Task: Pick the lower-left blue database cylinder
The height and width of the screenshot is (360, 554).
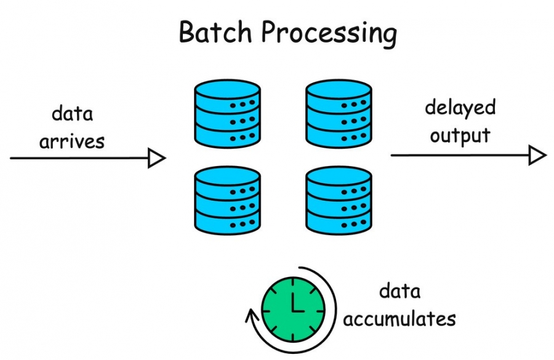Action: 227,201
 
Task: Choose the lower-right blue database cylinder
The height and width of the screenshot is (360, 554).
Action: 339,201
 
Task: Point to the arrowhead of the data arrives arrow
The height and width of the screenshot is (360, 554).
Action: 158,159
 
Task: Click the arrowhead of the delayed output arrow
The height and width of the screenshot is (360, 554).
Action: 537,155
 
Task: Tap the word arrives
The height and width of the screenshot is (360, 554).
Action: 73,141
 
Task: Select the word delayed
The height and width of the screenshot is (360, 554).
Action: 460,108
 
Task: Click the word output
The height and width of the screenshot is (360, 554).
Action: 460,135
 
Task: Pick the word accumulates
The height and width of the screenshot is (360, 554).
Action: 399,319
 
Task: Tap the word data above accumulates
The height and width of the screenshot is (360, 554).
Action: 399,291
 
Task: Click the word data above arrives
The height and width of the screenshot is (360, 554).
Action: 73,114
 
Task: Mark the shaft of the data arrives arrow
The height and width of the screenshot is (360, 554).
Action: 80,159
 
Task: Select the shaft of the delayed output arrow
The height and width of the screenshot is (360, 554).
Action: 459,155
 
